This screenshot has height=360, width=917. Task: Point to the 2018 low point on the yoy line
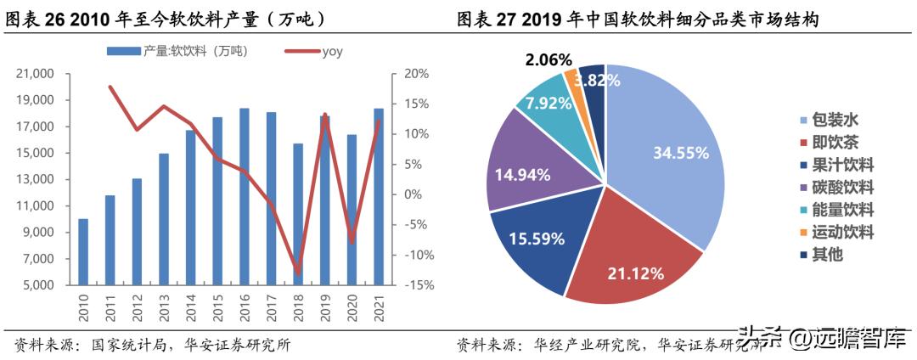coord(297,272)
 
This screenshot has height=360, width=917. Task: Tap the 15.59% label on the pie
coord(537,239)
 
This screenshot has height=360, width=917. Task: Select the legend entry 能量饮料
coord(835,210)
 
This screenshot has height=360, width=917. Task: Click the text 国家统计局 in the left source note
coord(120,345)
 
